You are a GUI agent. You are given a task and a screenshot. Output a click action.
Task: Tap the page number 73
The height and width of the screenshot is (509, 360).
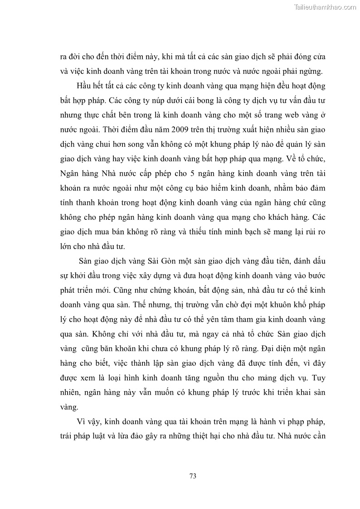(192, 476)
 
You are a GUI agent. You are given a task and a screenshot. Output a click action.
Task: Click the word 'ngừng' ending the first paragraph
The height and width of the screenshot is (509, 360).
(311, 71)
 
